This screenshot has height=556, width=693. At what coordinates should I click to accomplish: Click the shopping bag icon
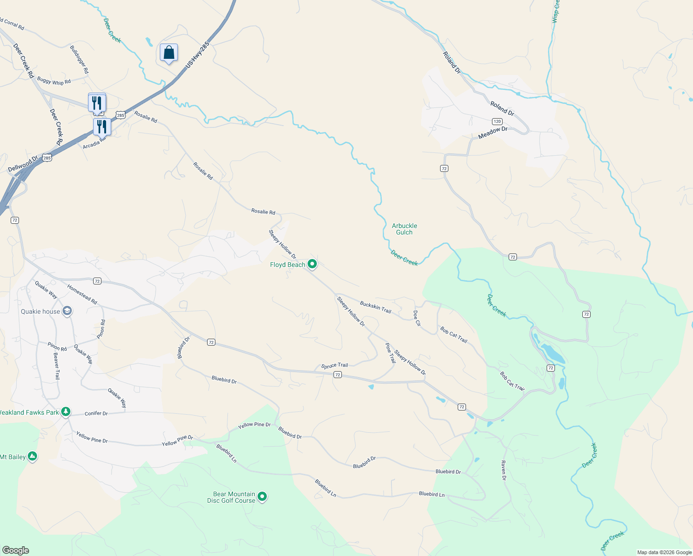click(169, 53)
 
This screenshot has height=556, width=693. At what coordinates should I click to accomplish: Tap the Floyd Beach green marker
click(312, 264)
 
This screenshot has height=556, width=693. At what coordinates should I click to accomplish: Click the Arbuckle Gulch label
click(404, 229)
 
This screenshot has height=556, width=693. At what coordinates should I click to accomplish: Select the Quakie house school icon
click(67, 311)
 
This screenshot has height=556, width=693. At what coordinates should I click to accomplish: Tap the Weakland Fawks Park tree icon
click(66, 411)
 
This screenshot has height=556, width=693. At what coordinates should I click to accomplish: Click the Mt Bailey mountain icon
click(32, 456)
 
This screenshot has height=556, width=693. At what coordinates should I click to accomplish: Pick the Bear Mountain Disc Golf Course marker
click(262, 497)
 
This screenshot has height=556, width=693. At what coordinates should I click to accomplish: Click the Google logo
click(16, 550)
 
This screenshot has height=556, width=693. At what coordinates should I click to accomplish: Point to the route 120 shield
click(497, 121)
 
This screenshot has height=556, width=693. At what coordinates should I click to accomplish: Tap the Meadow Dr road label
click(493, 133)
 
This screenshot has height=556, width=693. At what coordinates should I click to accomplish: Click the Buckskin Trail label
click(376, 307)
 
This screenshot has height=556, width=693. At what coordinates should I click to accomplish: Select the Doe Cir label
click(417, 318)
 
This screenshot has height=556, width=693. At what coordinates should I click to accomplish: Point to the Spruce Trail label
click(334, 366)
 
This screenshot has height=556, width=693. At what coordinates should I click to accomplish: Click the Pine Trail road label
click(390, 353)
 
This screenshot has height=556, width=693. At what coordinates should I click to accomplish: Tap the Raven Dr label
click(504, 470)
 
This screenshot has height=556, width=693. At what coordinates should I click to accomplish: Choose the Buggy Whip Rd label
click(54, 81)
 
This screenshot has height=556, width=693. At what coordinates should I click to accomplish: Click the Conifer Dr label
click(96, 413)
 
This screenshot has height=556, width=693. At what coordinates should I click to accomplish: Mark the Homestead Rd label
click(82, 294)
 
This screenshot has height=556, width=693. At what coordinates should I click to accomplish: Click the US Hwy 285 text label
click(198, 55)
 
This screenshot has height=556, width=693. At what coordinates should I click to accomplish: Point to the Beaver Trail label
click(57, 366)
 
